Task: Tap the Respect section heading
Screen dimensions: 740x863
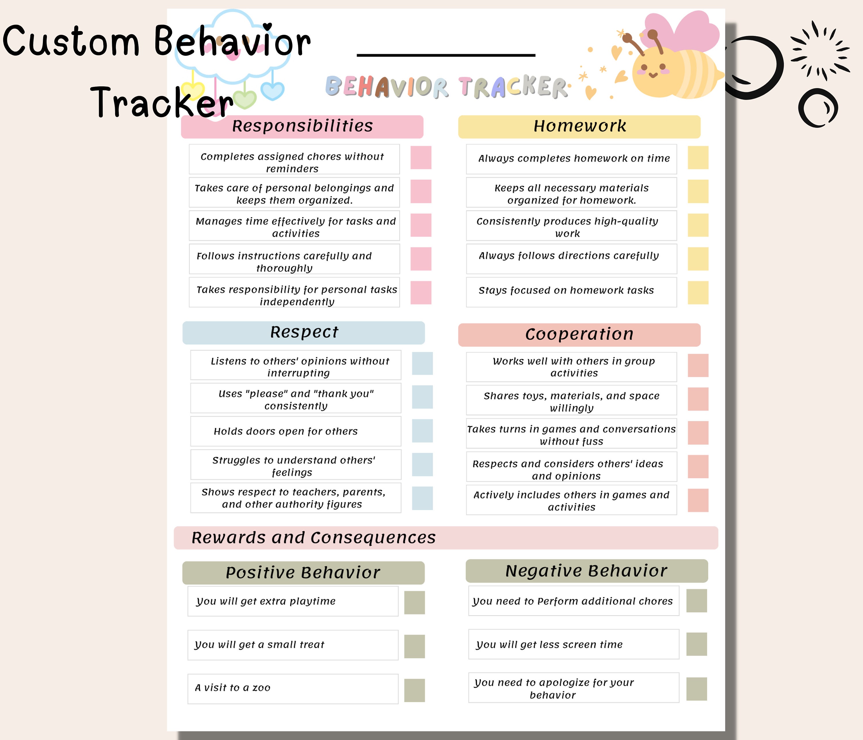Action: point(304,332)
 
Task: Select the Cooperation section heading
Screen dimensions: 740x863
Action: point(579,334)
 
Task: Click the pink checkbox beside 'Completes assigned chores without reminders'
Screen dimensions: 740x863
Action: point(421,157)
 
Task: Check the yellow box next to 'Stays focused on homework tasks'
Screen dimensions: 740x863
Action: point(698,292)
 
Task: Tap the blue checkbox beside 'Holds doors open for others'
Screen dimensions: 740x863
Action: point(422,431)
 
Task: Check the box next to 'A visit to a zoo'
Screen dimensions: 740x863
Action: point(415,690)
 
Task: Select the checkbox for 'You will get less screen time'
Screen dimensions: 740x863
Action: point(696,644)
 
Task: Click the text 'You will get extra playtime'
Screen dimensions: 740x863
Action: point(266,601)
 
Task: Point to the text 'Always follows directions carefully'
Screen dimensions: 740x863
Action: point(568,256)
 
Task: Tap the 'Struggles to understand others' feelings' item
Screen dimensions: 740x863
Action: point(294,466)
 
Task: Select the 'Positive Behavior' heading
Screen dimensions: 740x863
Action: point(303,573)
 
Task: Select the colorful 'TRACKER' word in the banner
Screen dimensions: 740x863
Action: point(513,87)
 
